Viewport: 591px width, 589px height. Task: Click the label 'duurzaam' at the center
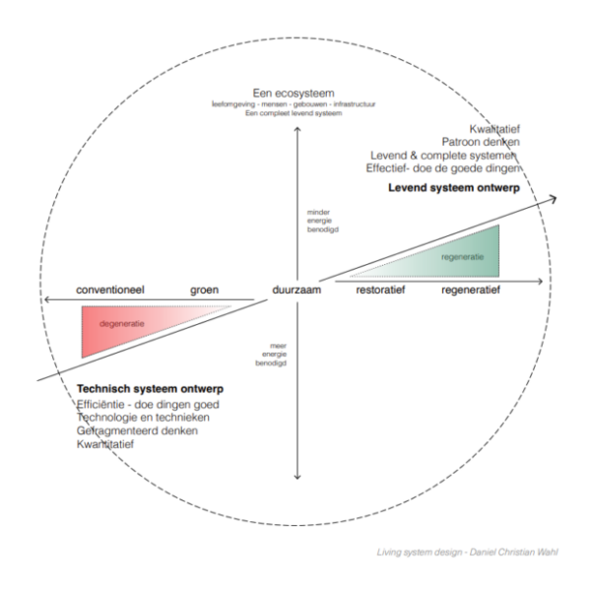click(x=296, y=291)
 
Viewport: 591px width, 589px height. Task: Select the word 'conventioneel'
click(x=111, y=291)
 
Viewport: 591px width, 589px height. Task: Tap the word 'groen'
click(x=204, y=291)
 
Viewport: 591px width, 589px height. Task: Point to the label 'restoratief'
click(x=379, y=292)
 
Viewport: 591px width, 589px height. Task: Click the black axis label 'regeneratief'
click(x=471, y=292)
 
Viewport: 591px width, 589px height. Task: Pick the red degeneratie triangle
click(x=118, y=328)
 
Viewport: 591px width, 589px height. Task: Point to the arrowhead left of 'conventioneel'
click(x=40, y=299)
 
